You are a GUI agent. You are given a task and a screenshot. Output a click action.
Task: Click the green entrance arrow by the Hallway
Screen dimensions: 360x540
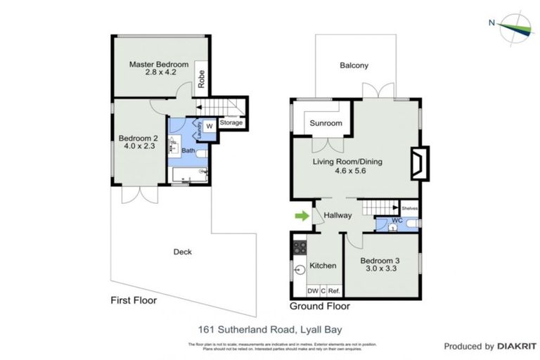point(301,215)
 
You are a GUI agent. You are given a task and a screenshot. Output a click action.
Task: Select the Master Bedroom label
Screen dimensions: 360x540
point(158,65)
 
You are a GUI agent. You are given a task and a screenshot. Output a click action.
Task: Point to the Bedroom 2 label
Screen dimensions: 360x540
point(138,138)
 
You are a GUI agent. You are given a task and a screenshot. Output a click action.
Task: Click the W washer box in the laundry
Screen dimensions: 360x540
point(209,127)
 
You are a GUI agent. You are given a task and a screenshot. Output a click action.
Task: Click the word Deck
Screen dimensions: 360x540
point(182,252)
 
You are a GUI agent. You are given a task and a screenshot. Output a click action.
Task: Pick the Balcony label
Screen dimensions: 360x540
point(354,66)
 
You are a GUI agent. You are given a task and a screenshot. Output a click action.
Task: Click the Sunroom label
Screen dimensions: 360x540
point(326,124)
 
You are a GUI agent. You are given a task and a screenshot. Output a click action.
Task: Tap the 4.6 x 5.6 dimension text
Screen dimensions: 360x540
point(347,171)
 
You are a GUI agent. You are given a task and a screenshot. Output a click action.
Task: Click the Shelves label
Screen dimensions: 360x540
point(409,208)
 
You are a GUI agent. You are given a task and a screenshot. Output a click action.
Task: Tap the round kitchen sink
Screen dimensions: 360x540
point(298,267)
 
